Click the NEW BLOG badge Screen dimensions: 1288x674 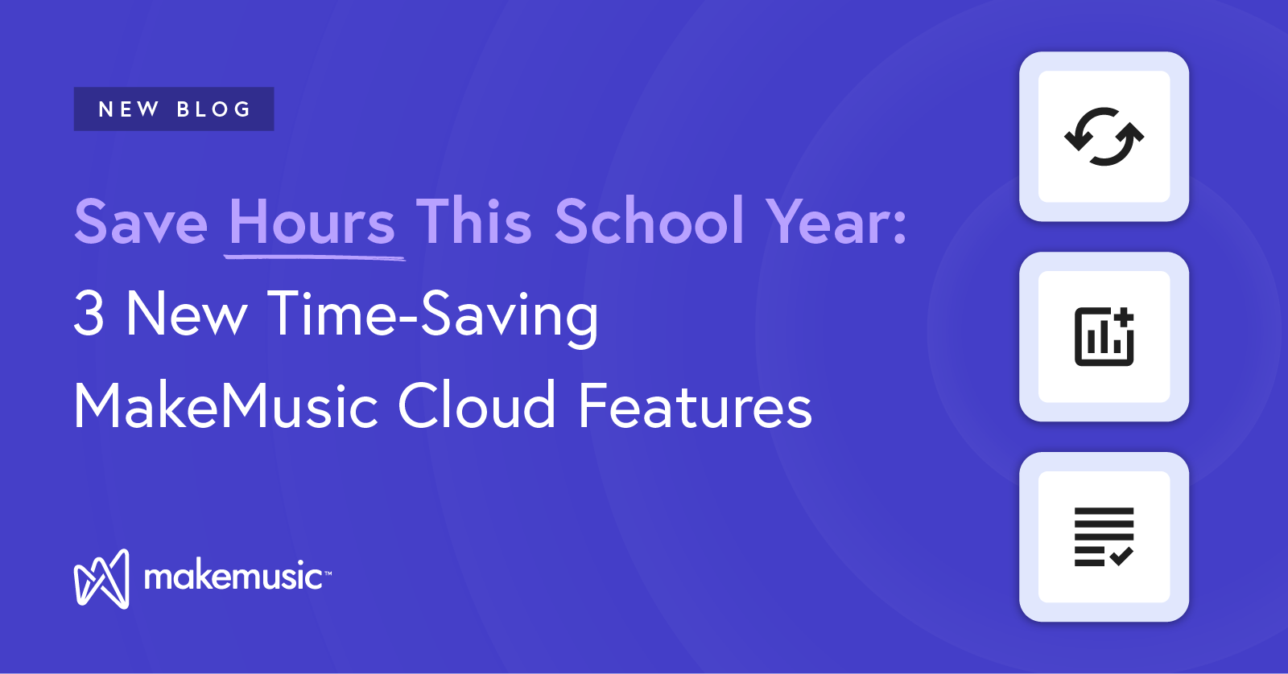(x=174, y=109)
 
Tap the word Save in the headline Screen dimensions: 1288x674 (x=141, y=222)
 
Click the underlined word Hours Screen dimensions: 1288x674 (x=312, y=220)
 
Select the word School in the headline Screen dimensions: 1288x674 (x=650, y=220)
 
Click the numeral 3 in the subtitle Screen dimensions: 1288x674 (x=89, y=313)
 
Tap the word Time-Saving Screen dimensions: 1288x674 (x=433, y=317)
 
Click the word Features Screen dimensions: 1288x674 (x=696, y=405)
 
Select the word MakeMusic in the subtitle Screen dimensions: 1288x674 (x=226, y=405)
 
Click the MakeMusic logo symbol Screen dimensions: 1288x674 (x=101, y=578)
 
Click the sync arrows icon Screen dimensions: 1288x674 (x=1104, y=137)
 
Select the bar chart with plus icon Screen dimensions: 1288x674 (x=1104, y=337)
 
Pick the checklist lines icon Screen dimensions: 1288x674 (x=1104, y=536)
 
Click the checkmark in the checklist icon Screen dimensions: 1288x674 (x=1121, y=557)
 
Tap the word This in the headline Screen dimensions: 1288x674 (x=474, y=220)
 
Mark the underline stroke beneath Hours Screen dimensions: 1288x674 (x=315, y=258)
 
